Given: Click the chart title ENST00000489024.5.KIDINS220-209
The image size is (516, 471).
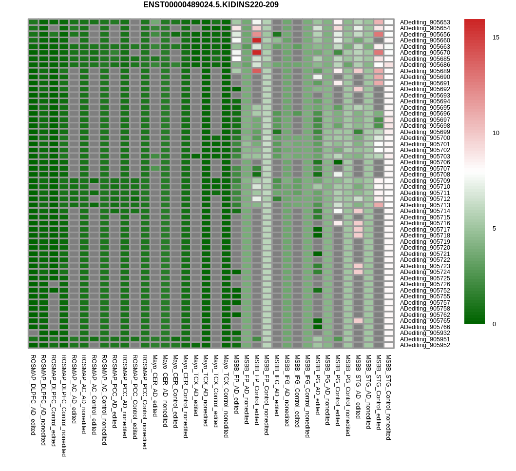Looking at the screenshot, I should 210,5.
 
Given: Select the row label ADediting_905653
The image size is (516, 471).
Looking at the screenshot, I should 425,22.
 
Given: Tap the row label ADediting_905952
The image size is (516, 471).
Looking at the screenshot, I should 425,345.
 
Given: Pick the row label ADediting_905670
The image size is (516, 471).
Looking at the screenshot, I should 425,53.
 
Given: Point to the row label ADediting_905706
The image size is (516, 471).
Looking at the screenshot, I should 425,162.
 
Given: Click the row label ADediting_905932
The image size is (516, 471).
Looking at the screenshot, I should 425,333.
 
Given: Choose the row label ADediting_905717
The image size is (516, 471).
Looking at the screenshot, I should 425,230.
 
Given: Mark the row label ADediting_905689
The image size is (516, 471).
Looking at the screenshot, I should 425,71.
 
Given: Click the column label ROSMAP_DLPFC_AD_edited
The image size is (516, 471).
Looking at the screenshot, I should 33,394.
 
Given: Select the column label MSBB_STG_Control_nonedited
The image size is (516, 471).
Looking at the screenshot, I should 388,397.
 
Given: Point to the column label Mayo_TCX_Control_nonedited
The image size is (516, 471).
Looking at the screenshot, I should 226,395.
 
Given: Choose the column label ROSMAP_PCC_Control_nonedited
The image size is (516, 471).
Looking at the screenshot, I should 145,402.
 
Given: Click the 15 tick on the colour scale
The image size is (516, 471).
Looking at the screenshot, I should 496,38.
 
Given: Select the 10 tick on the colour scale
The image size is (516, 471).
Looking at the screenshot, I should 496,133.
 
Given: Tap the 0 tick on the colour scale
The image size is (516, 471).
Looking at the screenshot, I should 494,324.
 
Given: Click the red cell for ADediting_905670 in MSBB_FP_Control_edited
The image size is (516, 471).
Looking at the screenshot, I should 257,53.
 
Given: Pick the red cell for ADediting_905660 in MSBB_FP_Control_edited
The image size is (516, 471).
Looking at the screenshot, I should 257,40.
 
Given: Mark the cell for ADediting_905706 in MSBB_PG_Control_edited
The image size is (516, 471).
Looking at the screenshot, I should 338,162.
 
